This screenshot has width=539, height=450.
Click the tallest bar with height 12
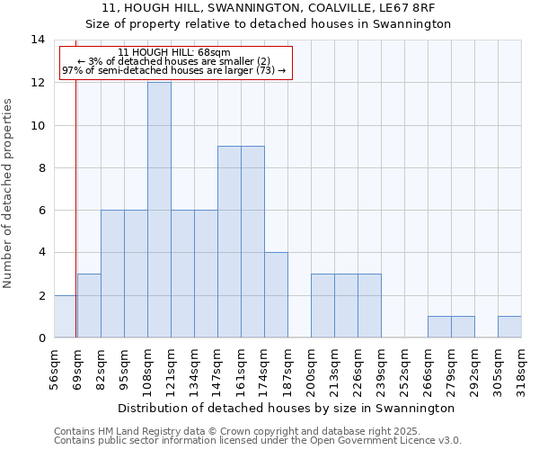click(159, 210)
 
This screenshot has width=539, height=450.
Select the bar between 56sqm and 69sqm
click(65, 316)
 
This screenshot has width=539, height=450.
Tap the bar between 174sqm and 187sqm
click(276, 295)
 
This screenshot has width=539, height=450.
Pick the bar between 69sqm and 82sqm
click(89, 306)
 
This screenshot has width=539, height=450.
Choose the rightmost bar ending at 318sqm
click(509, 327)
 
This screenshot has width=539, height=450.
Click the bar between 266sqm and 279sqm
click(439, 327)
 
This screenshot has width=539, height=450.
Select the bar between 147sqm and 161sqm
click(229, 242)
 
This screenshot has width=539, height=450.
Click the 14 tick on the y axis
click(38, 40)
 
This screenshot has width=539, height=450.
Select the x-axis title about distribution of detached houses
click(287, 408)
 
